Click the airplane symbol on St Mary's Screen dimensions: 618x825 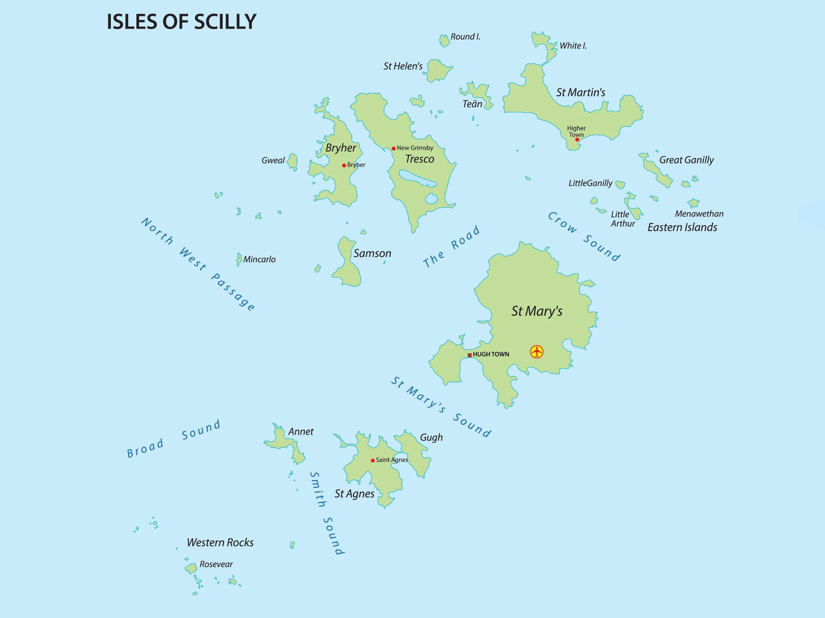537,352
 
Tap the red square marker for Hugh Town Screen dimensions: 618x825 470,355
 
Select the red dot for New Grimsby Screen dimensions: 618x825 393,149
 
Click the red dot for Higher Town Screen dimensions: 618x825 577,140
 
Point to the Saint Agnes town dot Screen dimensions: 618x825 373,460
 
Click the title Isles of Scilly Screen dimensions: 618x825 181,22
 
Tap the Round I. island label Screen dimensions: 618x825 465,37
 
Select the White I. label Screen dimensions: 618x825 573,46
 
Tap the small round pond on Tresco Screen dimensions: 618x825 431,198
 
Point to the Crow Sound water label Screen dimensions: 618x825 584,237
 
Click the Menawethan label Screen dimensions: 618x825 699,214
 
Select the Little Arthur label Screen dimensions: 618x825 622,219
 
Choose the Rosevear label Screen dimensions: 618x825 216,564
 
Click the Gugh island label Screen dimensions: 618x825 431,437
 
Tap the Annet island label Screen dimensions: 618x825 301,432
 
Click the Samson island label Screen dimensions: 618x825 372,254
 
